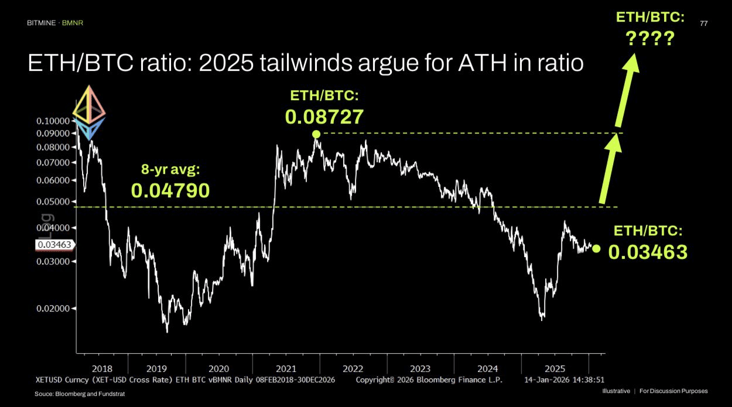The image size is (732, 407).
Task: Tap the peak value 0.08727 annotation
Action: pyautogui.click(x=324, y=117)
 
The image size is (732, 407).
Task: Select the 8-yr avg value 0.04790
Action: pyautogui.click(x=170, y=190)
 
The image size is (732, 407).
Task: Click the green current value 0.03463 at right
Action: pyautogui.click(x=648, y=252)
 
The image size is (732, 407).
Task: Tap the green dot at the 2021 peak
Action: pyautogui.click(x=316, y=134)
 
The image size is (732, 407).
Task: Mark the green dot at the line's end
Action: pyautogui.click(x=596, y=248)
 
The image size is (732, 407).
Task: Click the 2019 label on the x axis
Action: pyautogui.click(x=156, y=369)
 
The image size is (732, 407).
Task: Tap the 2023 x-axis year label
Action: pyautogui.click(x=420, y=369)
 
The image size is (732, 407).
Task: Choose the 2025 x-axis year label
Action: pyautogui.click(x=555, y=369)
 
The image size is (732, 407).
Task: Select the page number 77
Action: pyautogui.click(x=704, y=23)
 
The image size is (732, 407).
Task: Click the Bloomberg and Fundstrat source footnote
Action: pyautogui.click(x=80, y=394)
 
